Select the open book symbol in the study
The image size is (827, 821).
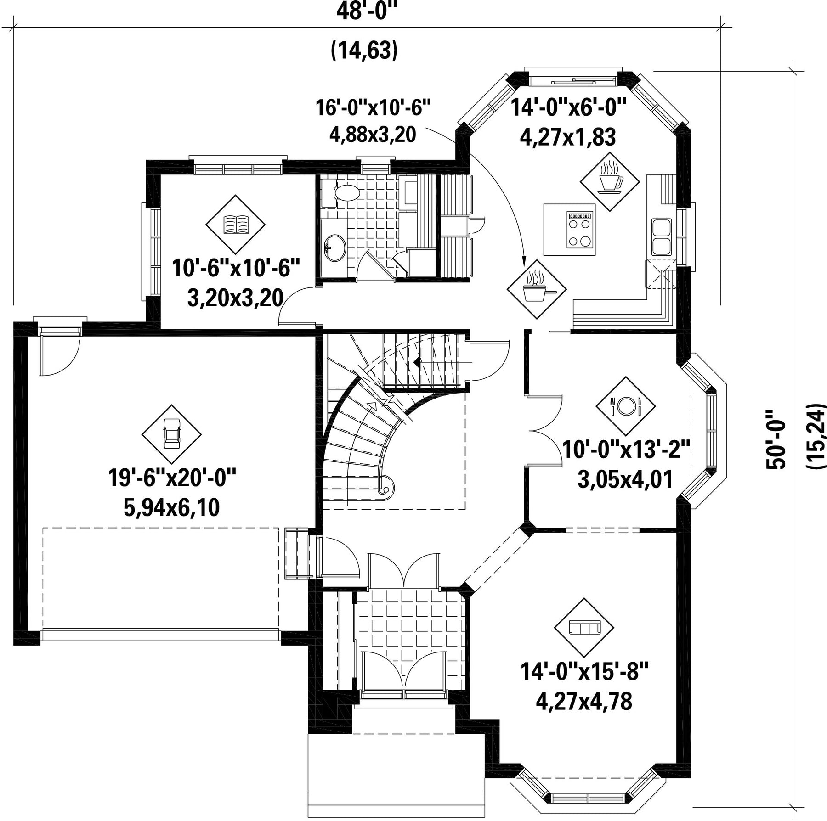pos(235,225)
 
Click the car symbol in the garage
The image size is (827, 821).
pos(171,434)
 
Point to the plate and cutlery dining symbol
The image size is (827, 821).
pos(625,406)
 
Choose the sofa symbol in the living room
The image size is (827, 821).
pos(584,628)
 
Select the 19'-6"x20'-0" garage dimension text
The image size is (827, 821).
pos(172,478)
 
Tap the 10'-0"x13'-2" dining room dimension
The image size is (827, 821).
pos(626,449)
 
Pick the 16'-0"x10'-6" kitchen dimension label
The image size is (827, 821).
pos(373,108)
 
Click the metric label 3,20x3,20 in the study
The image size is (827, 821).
pos(235,298)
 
